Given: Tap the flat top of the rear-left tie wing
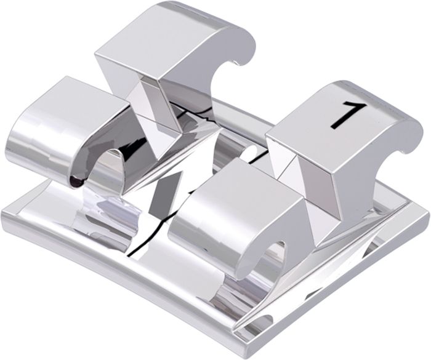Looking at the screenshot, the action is click(x=162, y=39).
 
